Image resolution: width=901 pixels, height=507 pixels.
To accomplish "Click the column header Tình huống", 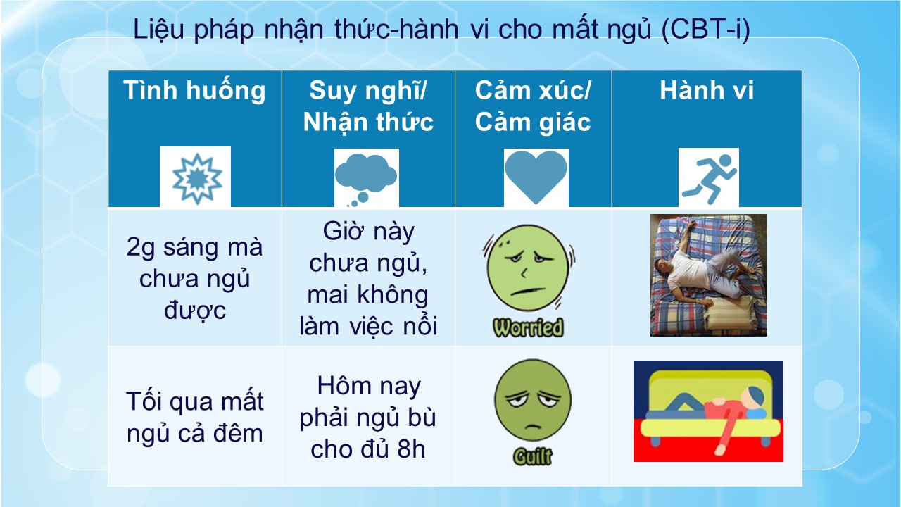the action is tap(195, 90).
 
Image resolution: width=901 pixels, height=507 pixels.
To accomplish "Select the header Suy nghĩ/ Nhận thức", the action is tap(368, 106).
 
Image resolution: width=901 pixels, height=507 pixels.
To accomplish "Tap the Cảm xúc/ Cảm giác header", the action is tap(533, 106).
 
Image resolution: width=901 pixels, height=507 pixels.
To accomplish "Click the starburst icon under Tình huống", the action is tap(196, 179).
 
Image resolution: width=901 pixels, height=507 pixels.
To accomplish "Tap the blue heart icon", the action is tap(536, 177).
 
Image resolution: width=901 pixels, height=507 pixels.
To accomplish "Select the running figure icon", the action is tap(709, 178).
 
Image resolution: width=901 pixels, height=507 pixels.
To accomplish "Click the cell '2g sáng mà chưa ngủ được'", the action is tap(195, 278).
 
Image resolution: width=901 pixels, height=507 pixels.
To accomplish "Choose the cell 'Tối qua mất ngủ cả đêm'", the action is tap(195, 417).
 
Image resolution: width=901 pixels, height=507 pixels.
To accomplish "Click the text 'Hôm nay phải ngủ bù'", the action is tap(368, 401).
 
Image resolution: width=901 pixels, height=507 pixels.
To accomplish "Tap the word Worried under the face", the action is tap(528, 327).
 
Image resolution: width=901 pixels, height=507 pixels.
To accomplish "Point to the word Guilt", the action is tap(533, 457).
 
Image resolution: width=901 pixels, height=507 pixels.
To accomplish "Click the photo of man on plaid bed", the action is tap(709, 275).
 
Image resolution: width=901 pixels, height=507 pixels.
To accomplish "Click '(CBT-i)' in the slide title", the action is tap(705, 30).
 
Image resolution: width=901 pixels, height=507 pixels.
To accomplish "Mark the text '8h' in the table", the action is tap(411, 449).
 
